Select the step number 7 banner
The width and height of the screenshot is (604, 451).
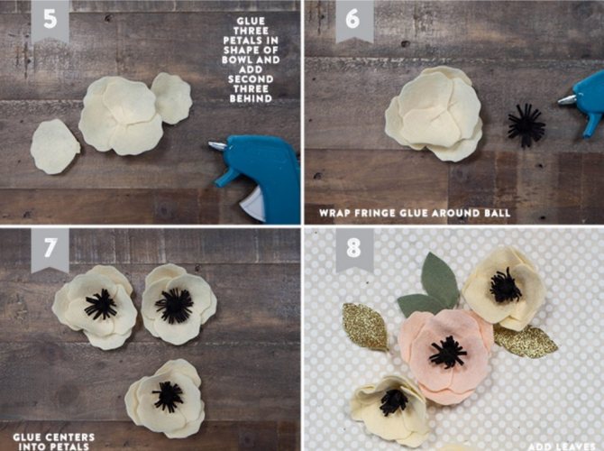(50, 249)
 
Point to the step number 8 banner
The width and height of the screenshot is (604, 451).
(354, 249)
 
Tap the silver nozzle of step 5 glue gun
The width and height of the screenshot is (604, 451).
(217, 145)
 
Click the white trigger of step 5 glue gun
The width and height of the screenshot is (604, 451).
(252, 205)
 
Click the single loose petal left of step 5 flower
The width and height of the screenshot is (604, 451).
(55, 147)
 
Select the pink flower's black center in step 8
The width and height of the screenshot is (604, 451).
(448, 352)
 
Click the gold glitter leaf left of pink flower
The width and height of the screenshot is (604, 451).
(364, 327)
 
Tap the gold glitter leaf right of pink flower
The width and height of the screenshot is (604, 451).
(526, 341)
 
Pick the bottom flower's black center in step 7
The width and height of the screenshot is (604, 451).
(168, 397)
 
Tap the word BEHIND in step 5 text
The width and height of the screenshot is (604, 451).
(251, 98)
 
